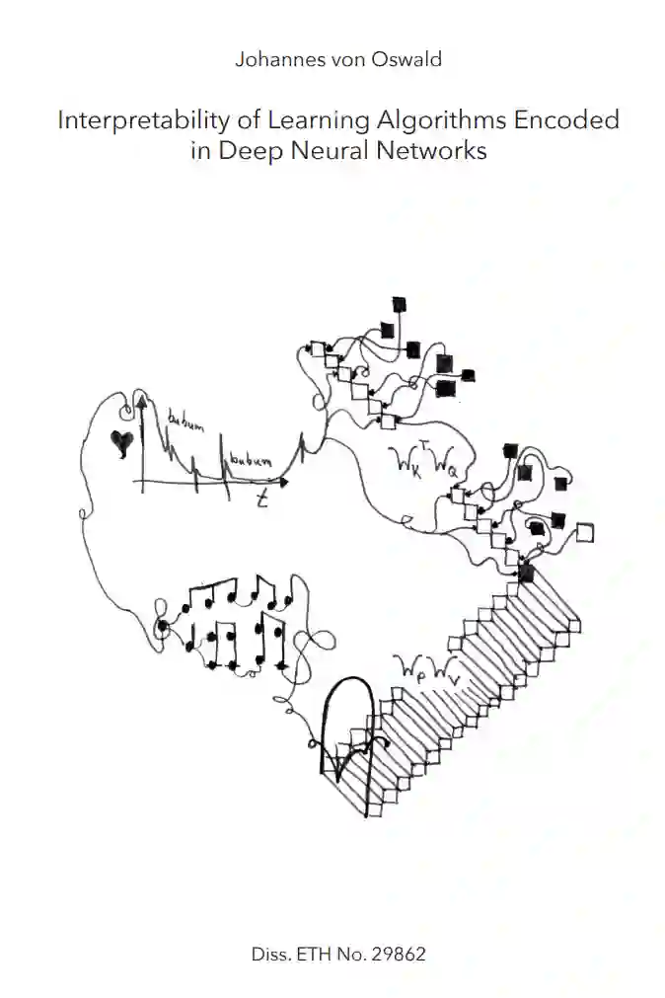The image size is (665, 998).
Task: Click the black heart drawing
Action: (121, 443)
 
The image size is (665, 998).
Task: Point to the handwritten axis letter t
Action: (262, 500)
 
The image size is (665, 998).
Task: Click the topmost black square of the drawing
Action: (400, 303)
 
